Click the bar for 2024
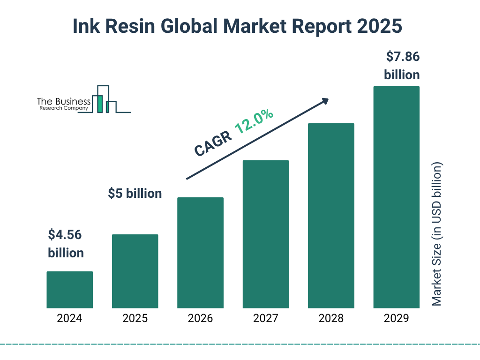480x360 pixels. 69,290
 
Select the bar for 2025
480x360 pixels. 135,271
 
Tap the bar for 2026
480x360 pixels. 200,253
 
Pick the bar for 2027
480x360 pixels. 265,234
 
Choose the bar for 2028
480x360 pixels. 331,216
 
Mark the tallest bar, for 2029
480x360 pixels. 396,197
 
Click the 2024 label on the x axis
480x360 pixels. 69,319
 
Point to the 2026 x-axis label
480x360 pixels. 200,319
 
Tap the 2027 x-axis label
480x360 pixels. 265,319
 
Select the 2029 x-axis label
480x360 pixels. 396,319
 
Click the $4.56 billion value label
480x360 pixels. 66,244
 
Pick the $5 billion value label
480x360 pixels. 135,193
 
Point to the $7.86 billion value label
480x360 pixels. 402,66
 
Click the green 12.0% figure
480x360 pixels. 254,121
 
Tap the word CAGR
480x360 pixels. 212,143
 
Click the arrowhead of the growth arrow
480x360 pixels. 325,101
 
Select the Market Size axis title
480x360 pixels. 437,234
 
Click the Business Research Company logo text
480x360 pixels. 64,104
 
